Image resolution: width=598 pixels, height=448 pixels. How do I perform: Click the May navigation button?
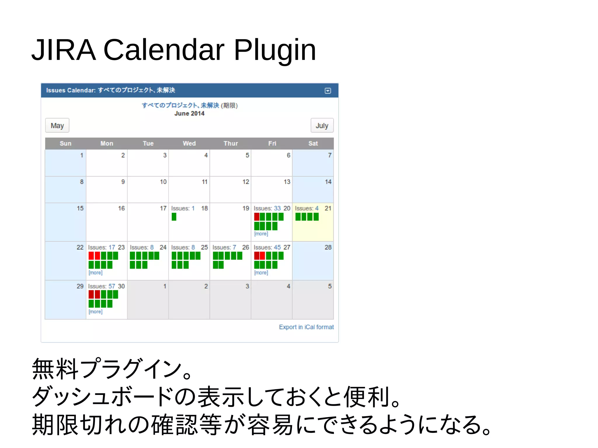coord(57,125)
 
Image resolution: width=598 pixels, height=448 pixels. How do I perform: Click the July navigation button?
coord(322,125)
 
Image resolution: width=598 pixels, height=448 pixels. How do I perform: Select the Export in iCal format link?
coord(306,327)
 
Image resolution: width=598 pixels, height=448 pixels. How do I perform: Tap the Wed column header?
coord(189,143)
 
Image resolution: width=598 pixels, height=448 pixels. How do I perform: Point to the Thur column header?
coord(231,143)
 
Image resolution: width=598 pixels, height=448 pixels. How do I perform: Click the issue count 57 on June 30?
coord(112,286)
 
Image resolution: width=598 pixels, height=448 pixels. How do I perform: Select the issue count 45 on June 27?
coord(277,247)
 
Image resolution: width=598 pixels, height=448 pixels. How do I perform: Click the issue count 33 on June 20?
coord(277,208)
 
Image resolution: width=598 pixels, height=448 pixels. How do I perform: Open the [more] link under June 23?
coord(95,273)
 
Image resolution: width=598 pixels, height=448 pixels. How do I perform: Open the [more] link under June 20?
coord(261,234)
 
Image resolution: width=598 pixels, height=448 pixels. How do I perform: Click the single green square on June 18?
coord(174,217)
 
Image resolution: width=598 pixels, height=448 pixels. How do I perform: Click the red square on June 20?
coord(257,217)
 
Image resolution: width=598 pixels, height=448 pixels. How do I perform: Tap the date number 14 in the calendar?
coord(328,182)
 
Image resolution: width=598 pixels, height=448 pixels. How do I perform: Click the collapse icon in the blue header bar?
coord(328,91)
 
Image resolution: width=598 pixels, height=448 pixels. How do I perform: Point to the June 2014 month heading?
coord(189,114)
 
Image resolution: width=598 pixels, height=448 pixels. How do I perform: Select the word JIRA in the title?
coord(64,50)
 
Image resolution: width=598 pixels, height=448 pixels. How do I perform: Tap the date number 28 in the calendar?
coord(328,247)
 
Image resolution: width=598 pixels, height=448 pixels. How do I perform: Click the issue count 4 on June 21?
coord(317,208)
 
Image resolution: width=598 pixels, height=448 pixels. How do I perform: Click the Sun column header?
coord(65,143)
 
